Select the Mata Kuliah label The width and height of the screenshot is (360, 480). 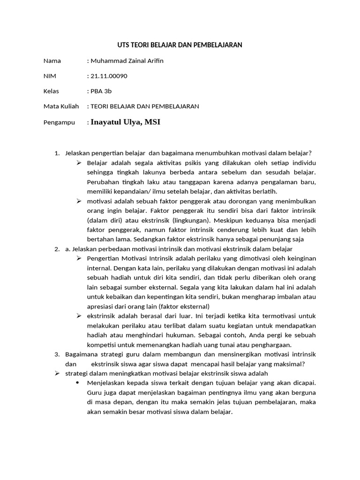(61, 106)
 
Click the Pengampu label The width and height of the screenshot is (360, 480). (59, 122)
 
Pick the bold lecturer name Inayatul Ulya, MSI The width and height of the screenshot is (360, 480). (126, 122)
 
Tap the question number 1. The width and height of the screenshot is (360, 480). (57, 153)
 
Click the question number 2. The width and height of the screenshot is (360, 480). (57, 249)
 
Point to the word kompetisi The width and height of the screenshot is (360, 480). (101, 345)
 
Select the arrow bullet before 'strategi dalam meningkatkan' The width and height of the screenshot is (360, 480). (57, 373)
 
